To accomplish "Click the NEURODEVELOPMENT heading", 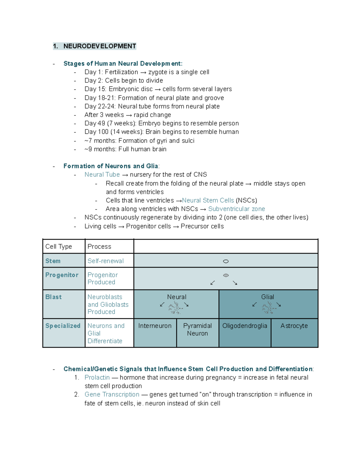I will pyautogui.click(x=100, y=46).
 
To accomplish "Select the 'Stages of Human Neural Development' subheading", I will pyautogui.click(x=122, y=64).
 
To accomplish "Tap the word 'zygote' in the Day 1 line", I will pyautogui.click(x=157, y=72).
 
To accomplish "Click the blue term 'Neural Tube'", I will pyautogui.click(x=102, y=175).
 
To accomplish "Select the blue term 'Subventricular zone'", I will pyautogui.click(x=236, y=209).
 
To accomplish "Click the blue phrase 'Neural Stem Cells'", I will pyautogui.click(x=208, y=200).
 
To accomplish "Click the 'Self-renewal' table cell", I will pyautogui.click(x=105, y=261).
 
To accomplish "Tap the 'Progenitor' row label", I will pyautogui.click(x=62, y=275).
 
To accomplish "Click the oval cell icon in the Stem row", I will pyautogui.click(x=226, y=261).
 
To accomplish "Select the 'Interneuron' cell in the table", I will pyautogui.click(x=155, y=326).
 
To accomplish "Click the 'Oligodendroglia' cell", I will pyautogui.click(x=244, y=326).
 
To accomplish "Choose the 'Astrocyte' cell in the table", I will pyautogui.click(x=294, y=326).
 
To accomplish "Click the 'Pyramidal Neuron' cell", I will pyautogui.click(x=197, y=329).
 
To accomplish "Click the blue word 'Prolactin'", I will pyautogui.click(x=97, y=377).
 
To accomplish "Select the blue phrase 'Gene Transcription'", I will pyautogui.click(x=112, y=395).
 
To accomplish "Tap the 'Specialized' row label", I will pyautogui.click(x=63, y=326).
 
